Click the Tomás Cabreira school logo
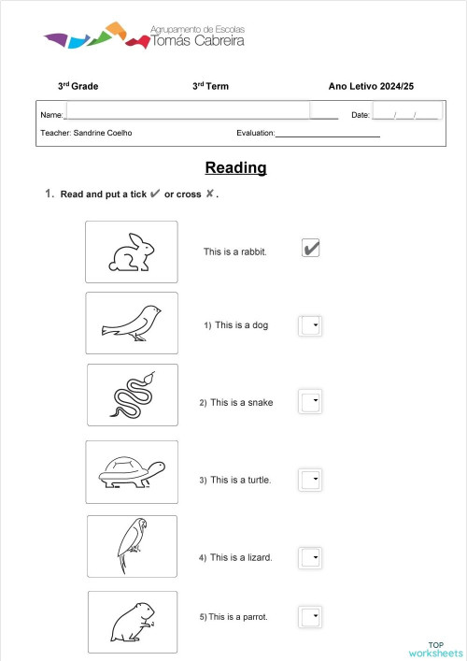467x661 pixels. click(x=135, y=37)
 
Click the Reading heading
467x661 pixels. click(x=235, y=168)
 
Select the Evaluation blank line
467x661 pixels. click(x=327, y=134)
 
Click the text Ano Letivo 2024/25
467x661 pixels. click(x=371, y=87)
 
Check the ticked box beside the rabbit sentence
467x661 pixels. click(x=311, y=248)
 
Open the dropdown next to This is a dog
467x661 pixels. click(x=309, y=325)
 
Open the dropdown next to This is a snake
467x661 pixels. click(x=309, y=402)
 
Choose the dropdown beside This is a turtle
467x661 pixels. click(x=309, y=480)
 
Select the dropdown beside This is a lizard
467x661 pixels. click(x=309, y=558)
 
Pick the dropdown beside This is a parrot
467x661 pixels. click(x=309, y=617)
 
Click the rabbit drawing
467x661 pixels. click(x=132, y=251)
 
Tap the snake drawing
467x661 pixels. click(x=133, y=395)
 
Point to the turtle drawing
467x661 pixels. click(x=132, y=472)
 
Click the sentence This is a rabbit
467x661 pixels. click(x=235, y=251)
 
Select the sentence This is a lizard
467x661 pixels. click(x=241, y=558)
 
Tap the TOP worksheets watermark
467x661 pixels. click(x=435, y=649)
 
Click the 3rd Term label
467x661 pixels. click(x=210, y=87)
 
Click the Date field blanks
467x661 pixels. click(x=405, y=115)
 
